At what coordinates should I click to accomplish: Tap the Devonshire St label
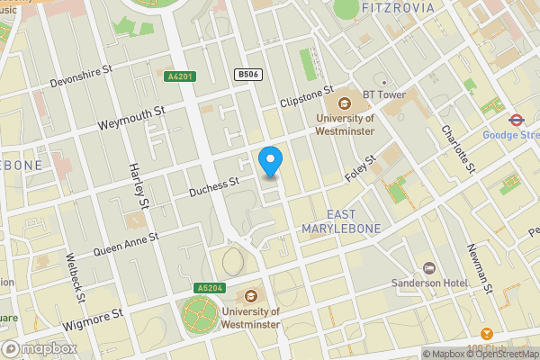(x=80, y=75)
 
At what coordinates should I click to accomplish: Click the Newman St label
(x=481, y=270)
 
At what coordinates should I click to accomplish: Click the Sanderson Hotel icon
(x=429, y=268)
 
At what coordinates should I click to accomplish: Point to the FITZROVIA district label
(x=397, y=8)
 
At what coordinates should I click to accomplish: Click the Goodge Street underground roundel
(x=517, y=118)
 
